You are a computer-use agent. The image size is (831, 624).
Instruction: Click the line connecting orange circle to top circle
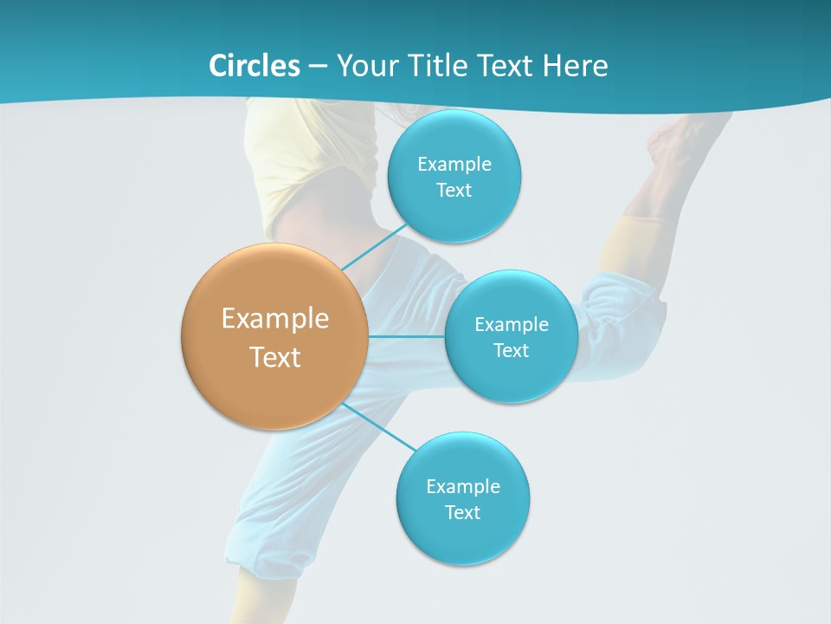tap(374, 246)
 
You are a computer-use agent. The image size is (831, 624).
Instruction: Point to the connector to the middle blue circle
tap(406, 336)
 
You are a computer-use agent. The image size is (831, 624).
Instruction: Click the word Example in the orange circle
tap(275, 319)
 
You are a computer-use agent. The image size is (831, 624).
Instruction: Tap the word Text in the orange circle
tap(275, 357)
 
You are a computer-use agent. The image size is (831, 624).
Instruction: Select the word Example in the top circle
tap(454, 165)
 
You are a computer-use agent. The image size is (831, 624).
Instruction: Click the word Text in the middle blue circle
tap(511, 350)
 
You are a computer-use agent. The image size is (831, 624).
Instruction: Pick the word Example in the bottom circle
tap(462, 486)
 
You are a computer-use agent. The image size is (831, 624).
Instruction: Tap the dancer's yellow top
tap(303, 156)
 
